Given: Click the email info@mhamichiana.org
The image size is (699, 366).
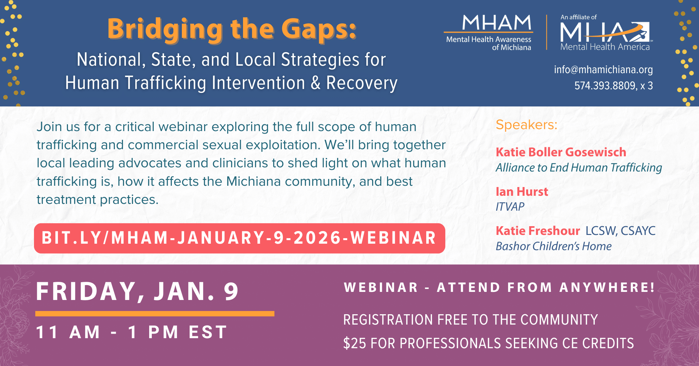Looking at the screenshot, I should [x=603, y=70].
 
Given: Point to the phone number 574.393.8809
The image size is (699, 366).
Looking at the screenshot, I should [x=605, y=86].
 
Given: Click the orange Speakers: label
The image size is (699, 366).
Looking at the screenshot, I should [x=527, y=125].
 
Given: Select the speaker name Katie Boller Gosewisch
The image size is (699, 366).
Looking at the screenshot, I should [x=561, y=152].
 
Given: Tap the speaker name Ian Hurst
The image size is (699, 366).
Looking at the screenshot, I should [x=522, y=192].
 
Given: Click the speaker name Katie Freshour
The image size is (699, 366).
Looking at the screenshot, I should [x=538, y=231].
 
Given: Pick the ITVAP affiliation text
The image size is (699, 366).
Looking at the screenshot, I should [x=510, y=206].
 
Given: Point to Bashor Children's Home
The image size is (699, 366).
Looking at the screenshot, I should [x=553, y=246].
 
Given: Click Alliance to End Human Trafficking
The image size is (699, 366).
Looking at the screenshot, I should [x=579, y=168].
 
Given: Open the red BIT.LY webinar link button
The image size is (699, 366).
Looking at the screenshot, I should [x=239, y=238].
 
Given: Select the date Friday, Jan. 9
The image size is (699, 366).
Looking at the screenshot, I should [x=138, y=291].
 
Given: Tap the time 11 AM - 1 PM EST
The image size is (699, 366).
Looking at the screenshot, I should [x=132, y=332].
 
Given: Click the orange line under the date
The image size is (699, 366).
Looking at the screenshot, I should [x=155, y=314].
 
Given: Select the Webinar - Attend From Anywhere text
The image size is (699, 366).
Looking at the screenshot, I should [x=499, y=287].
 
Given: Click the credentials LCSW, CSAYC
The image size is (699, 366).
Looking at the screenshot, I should [x=620, y=231].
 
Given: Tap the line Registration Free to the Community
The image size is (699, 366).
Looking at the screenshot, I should [x=470, y=320].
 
